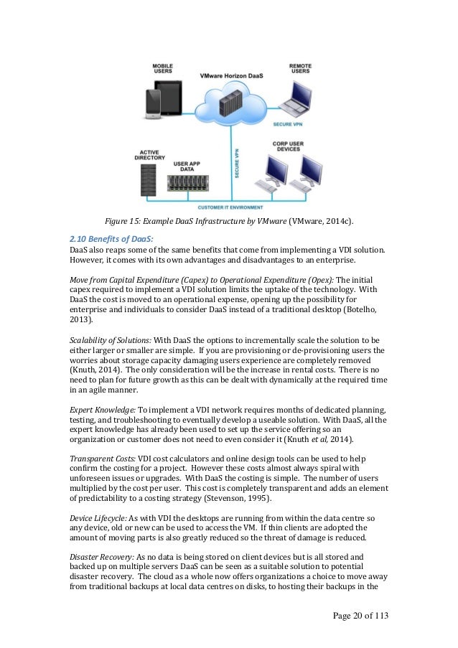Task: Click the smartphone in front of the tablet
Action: point(154,107)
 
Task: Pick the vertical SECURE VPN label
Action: point(237,164)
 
